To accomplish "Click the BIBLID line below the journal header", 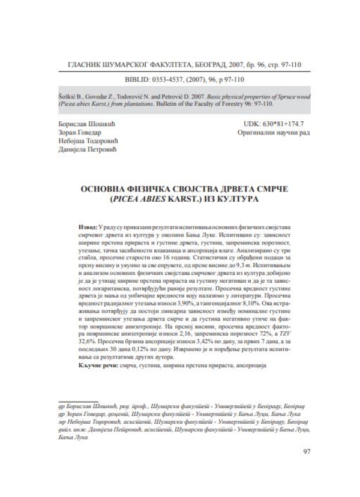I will [x=180, y=79].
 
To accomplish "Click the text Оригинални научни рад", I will [x=271, y=133].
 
